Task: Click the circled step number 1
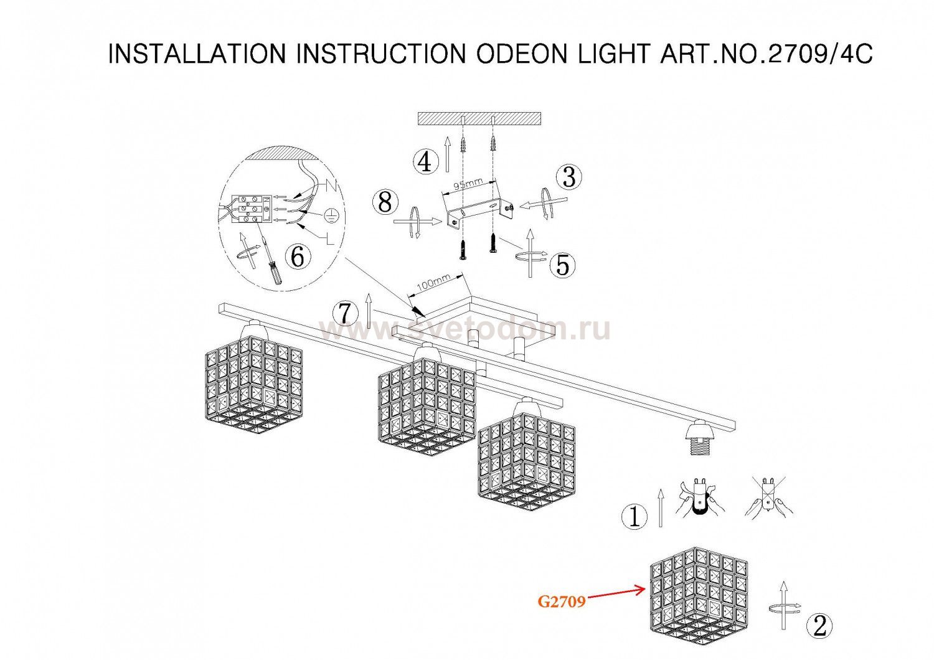[x=634, y=517]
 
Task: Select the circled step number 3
[x=569, y=177]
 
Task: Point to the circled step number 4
[x=425, y=162]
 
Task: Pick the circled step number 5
[x=562, y=265]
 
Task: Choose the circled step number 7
[x=345, y=314]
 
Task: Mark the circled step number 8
[x=385, y=203]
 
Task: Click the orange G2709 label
[x=562, y=601]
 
